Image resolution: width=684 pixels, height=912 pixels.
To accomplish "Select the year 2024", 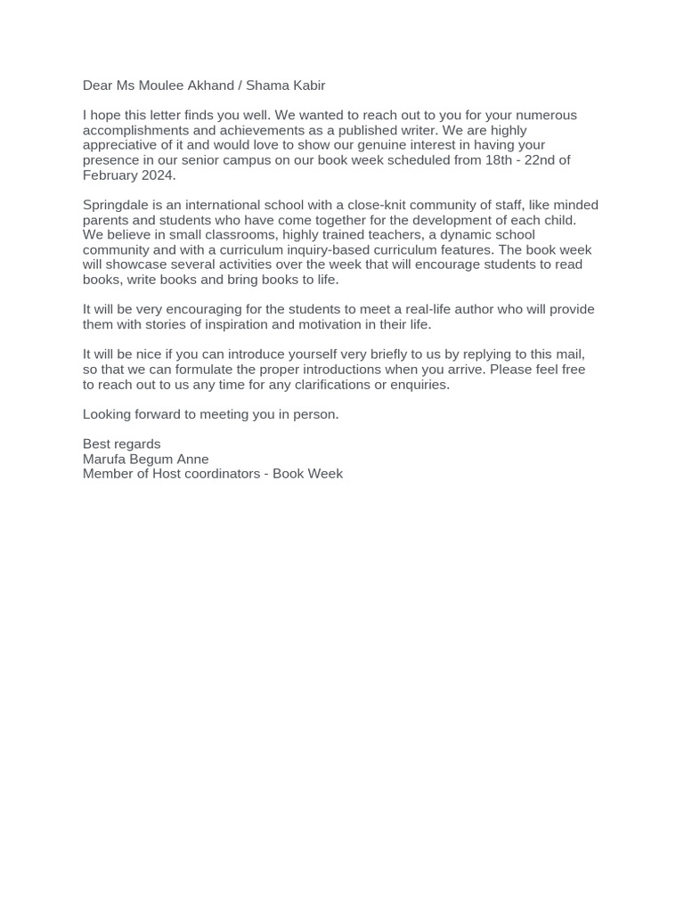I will click(x=156, y=175).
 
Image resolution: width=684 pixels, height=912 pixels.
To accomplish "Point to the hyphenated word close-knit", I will click(x=379, y=205).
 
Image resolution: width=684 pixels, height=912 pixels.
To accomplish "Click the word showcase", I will click(x=140, y=265).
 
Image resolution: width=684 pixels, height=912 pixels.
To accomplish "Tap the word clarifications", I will click(x=283, y=385).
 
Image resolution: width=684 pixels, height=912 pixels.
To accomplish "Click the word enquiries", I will click(x=419, y=385).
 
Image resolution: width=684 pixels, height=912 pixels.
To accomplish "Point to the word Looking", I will click(x=109, y=414).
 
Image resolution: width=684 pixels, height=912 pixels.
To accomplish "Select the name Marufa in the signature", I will click(x=104, y=459).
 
